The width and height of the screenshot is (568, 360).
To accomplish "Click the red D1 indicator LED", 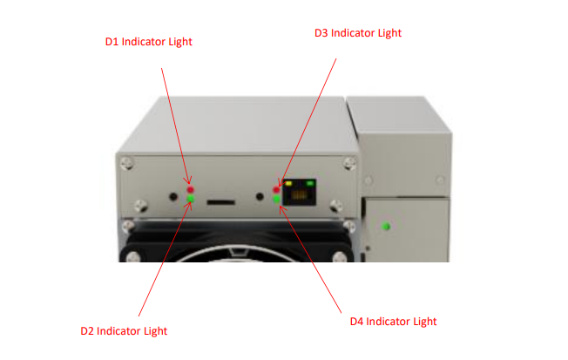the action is tap(190, 190).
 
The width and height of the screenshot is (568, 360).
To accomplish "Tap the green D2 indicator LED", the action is tap(190, 199).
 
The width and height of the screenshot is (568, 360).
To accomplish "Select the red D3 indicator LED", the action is tap(276, 190).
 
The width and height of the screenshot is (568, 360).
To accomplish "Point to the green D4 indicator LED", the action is tap(276, 199).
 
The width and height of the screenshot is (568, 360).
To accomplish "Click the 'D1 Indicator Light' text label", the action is tap(148, 42).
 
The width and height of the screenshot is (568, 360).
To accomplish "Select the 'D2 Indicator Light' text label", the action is tap(124, 331).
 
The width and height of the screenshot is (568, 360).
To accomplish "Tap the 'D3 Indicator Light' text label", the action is tap(358, 33).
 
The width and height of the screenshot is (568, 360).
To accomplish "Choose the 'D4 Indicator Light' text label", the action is tap(394, 322).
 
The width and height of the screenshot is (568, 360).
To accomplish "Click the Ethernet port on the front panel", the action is tap(299, 192).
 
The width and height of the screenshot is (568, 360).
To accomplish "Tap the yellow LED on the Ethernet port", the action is tap(288, 183).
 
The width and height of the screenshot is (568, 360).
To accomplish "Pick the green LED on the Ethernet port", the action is tap(310, 183).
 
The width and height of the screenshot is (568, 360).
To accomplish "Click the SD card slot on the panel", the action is tap(221, 202).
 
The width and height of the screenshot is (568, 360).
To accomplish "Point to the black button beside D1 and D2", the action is tap(173, 197).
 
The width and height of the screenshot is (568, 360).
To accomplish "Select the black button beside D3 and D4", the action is tap(260, 196).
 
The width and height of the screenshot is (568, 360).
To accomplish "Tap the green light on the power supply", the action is tap(386, 227).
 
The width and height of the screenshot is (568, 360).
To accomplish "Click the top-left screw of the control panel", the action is tap(127, 164).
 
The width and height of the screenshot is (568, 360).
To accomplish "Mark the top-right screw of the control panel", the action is tap(349, 164).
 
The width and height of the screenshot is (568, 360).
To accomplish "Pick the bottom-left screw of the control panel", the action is tap(141, 207).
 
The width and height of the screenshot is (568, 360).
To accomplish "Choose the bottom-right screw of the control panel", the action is tap(336, 207).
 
